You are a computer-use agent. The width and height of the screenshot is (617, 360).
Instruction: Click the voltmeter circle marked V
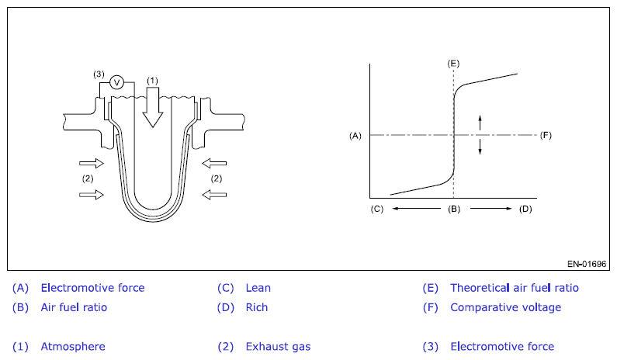click(x=117, y=82)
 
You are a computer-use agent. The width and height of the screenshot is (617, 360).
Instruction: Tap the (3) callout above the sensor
click(x=99, y=74)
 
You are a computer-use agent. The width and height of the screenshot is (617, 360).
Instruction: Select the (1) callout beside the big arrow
click(x=152, y=80)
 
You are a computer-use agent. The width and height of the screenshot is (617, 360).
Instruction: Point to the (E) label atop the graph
click(x=453, y=62)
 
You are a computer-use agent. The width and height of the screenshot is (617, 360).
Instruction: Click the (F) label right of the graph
click(x=546, y=135)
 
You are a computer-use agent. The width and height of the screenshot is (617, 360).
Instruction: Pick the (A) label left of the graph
click(x=355, y=135)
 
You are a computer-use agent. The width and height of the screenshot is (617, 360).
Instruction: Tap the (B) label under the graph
click(x=453, y=209)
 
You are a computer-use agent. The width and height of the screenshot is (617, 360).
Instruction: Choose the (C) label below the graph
click(x=377, y=209)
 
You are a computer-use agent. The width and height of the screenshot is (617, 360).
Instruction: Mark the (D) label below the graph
click(x=525, y=209)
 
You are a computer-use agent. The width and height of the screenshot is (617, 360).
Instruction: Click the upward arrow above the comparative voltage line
click(x=480, y=122)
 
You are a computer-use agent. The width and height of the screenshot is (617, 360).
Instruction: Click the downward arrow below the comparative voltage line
click(x=480, y=147)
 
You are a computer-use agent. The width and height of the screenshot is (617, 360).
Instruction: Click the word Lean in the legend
click(x=258, y=288)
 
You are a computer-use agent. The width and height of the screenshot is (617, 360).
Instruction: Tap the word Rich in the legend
click(x=257, y=307)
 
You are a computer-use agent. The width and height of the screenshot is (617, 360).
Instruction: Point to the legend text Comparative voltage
click(x=505, y=307)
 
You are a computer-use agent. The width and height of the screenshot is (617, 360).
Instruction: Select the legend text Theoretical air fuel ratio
click(x=515, y=288)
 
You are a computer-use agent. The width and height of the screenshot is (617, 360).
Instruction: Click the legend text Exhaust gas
click(x=278, y=347)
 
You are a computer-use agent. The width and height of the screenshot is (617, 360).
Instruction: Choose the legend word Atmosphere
click(x=73, y=347)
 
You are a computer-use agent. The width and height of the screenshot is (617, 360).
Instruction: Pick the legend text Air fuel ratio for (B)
click(x=74, y=307)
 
